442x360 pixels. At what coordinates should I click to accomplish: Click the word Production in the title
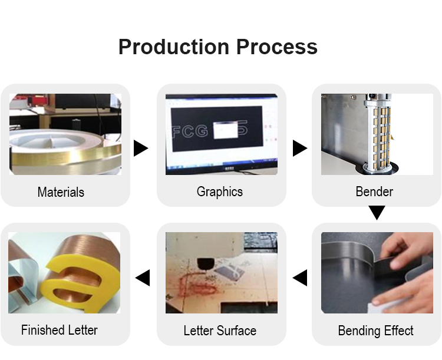coord(174,47)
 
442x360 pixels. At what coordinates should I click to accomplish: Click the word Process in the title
coord(277,47)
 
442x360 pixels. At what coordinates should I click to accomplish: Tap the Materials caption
coord(61,192)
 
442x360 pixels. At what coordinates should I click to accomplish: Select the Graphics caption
coord(220,192)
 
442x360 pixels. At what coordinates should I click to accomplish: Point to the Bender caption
coord(374,191)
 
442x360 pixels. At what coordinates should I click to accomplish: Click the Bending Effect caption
coord(376,331)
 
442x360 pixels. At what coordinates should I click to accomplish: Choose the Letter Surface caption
coord(220,331)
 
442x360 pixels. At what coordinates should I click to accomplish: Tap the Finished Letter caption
coord(60,330)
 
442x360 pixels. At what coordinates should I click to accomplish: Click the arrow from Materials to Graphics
coord(141,148)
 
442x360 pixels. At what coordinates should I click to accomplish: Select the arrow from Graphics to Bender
coord(300,148)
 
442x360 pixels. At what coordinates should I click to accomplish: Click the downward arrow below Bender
coord(377,213)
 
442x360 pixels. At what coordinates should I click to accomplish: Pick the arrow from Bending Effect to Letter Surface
coord(300,278)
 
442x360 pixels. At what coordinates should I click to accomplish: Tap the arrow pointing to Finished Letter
coord(143,278)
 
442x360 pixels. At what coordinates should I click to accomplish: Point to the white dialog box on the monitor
coord(226,130)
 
